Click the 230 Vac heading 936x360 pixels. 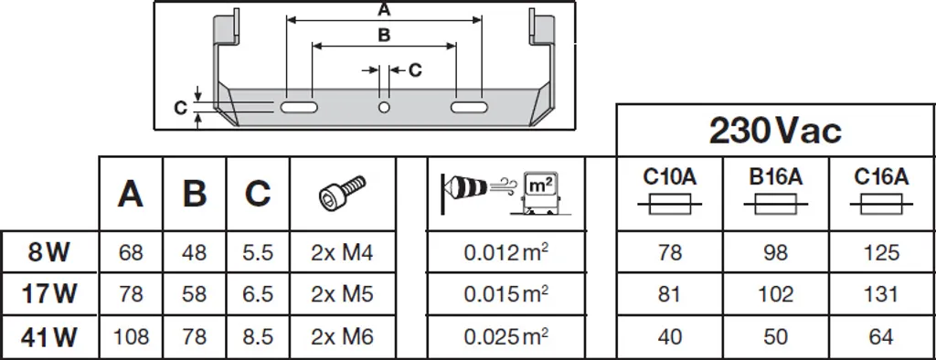pos(775,130)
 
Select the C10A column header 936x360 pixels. pos(670,176)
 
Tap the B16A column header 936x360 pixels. pos(775,176)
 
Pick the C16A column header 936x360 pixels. pos(881,176)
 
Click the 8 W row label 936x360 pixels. pos(48,252)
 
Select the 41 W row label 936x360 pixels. pos(48,338)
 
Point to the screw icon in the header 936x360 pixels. pos(342,192)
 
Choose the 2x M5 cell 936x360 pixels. pos(342,294)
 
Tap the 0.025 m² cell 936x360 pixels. pos(506,336)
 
